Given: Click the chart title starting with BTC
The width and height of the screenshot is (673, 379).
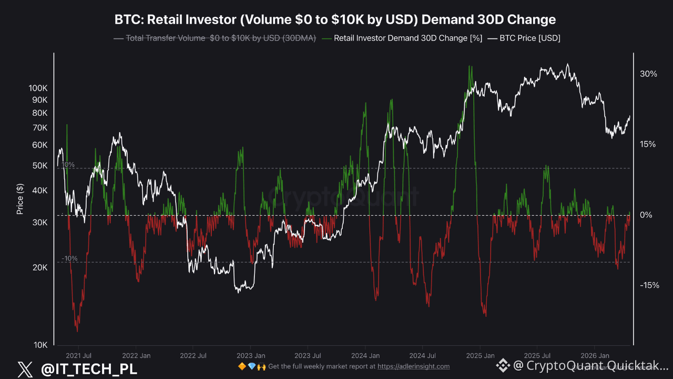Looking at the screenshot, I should click(x=335, y=20).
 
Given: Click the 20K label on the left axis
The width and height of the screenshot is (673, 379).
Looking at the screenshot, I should click(x=41, y=267).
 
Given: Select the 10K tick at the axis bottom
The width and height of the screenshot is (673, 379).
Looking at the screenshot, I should click(x=41, y=345).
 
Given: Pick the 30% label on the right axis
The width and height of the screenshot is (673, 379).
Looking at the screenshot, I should click(x=648, y=74).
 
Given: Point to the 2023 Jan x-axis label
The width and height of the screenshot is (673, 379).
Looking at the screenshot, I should click(x=251, y=356).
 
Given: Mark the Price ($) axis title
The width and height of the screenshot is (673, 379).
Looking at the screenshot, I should click(x=20, y=199).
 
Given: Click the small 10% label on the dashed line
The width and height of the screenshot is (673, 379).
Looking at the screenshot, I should click(x=68, y=165).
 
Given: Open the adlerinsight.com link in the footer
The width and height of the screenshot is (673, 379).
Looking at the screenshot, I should click(x=413, y=366).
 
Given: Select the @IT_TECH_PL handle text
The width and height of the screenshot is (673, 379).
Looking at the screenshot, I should click(x=89, y=369).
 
